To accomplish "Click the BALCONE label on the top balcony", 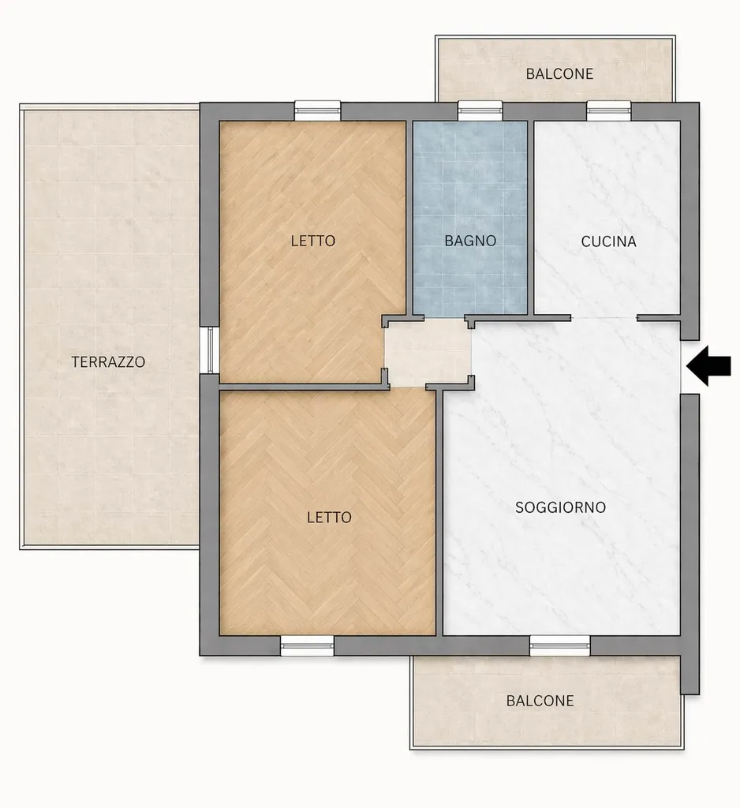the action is click(x=559, y=73).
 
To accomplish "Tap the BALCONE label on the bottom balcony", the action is click(x=540, y=701).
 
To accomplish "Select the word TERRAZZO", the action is click(x=108, y=361).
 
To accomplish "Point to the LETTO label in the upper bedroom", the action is click(x=312, y=241).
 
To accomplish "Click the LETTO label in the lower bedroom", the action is click(x=329, y=517).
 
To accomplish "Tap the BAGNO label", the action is click(x=470, y=241).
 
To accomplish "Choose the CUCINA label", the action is click(x=608, y=241).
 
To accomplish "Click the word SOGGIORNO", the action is click(x=560, y=507).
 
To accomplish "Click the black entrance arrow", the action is click(x=708, y=366).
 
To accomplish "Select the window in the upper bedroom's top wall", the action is click(x=317, y=110).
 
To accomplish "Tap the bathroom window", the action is click(x=480, y=110).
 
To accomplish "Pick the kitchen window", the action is click(x=609, y=110).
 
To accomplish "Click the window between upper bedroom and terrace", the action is click(x=210, y=350).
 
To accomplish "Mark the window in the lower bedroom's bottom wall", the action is click(x=307, y=645).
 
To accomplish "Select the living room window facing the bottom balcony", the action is click(x=559, y=645).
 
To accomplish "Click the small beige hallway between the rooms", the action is click(x=428, y=352).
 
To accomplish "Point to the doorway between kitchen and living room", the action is click(x=604, y=319).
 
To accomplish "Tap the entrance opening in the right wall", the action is click(x=690, y=367).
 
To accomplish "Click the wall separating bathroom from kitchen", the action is click(x=530, y=218).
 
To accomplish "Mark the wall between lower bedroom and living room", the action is click(x=439, y=513).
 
